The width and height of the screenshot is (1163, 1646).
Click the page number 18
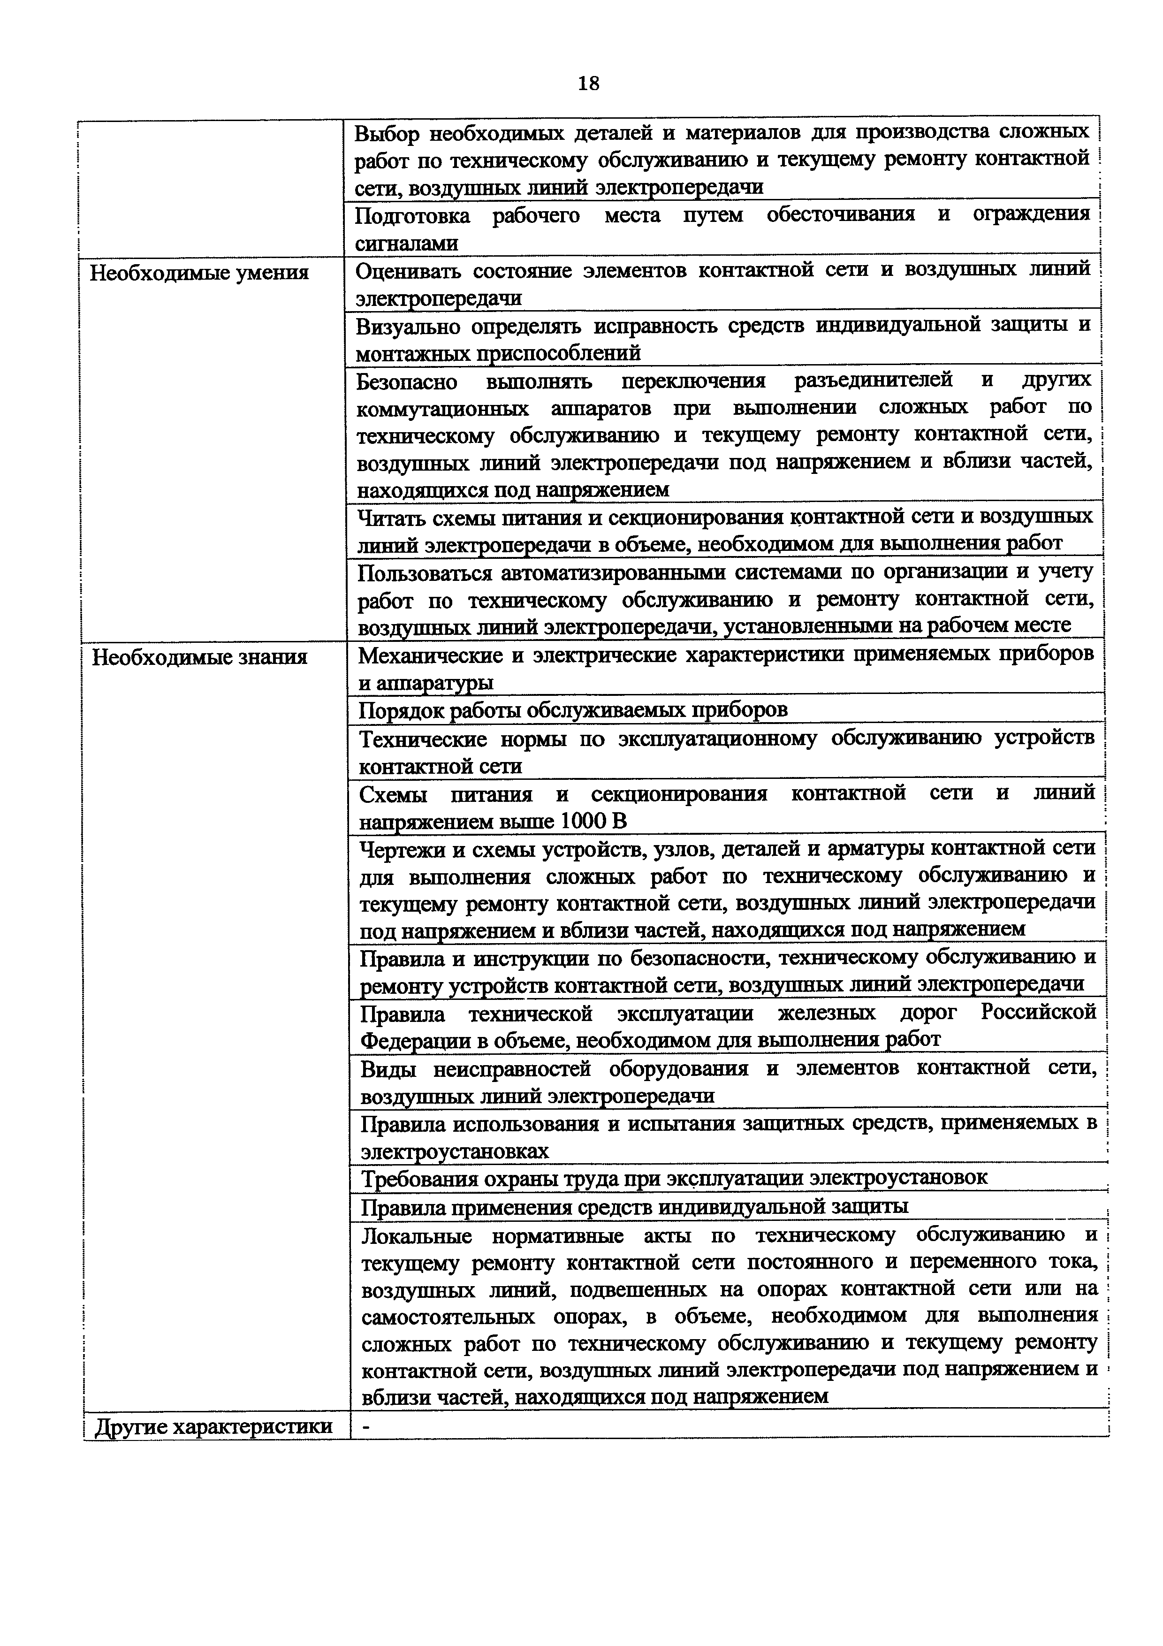pos(587,84)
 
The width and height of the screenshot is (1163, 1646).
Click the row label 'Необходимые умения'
pos(199,273)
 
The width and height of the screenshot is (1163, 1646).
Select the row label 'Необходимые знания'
pos(200,657)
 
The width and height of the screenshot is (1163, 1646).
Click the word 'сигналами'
pos(406,244)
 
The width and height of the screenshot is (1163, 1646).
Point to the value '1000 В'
pos(593,821)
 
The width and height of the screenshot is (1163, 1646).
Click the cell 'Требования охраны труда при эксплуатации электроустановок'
pos(674,1178)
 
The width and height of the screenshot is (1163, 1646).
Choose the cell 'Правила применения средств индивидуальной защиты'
pos(634,1207)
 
